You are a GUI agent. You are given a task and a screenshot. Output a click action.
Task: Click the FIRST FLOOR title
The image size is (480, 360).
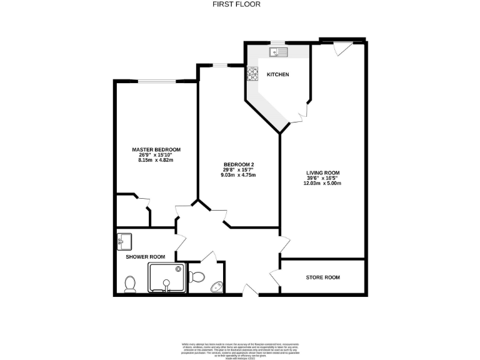[236, 4]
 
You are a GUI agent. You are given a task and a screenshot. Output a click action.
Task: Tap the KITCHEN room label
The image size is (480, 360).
[278, 75]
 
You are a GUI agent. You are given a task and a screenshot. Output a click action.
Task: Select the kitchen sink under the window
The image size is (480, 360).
[277, 51]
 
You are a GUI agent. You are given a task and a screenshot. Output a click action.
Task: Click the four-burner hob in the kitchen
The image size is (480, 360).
[253, 74]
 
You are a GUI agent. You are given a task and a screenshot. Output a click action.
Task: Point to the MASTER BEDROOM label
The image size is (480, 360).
[156, 150]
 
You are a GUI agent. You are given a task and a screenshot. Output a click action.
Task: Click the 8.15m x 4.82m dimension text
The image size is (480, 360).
[156, 161]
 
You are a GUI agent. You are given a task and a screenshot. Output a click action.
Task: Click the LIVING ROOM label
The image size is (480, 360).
[322, 172]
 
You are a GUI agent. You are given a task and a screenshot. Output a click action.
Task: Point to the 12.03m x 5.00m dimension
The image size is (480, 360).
[322, 183]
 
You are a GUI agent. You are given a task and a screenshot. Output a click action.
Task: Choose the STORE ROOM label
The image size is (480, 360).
[322, 277]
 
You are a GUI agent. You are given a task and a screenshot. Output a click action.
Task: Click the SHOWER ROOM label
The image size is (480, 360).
[146, 257]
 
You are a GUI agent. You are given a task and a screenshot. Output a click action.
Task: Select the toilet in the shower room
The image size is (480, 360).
[131, 284]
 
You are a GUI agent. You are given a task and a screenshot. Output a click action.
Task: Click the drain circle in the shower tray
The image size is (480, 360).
[166, 282]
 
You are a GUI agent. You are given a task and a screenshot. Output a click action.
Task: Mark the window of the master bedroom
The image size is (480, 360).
[156, 80]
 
